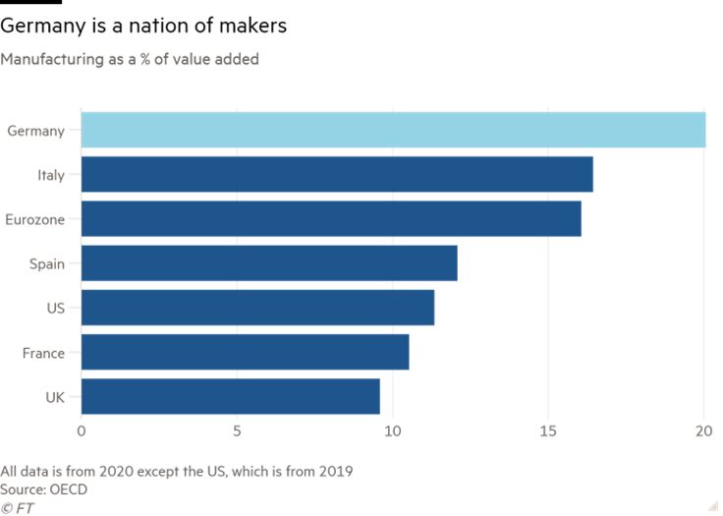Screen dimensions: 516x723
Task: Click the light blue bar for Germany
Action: click(393, 130)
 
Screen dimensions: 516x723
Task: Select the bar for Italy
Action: click(337, 174)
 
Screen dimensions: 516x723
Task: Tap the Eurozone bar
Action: click(331, 218)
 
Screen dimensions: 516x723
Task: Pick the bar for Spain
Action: click(269, 263)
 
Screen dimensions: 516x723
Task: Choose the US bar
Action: click(257, 308)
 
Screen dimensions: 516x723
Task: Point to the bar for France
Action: click(245, 352)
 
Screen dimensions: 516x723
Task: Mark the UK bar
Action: click(231, 397)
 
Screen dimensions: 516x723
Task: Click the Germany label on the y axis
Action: click(35, 131)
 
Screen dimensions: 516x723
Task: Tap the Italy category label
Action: click(50, 175)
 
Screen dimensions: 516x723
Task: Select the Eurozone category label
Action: click(35, 219)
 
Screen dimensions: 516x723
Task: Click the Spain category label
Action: click(47, 263)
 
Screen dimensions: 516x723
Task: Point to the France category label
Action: click(43, 353)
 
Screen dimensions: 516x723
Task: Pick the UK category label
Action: click(55, 397)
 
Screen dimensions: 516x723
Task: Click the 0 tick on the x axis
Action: click(82, 431)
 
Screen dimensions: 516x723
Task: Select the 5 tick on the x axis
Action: click(237, 431)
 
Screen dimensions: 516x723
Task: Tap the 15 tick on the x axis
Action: click(548, 431)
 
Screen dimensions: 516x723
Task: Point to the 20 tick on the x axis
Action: click(703, 431)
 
